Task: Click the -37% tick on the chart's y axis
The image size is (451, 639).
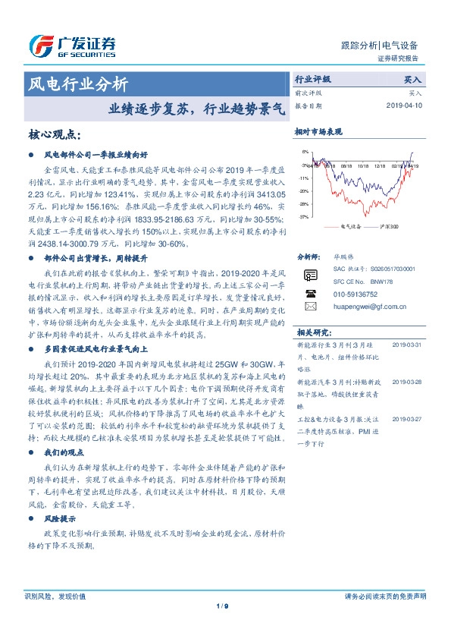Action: click(x=303, y=217)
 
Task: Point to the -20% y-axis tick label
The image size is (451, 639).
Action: click(x=303, y=190)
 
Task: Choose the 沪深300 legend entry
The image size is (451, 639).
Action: click(x=390, y=226)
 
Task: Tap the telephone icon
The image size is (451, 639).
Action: click(x=310, y=292)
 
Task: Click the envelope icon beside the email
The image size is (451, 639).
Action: click(x=310, y=306)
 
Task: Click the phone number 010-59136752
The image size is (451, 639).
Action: click(x=356, y=293)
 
